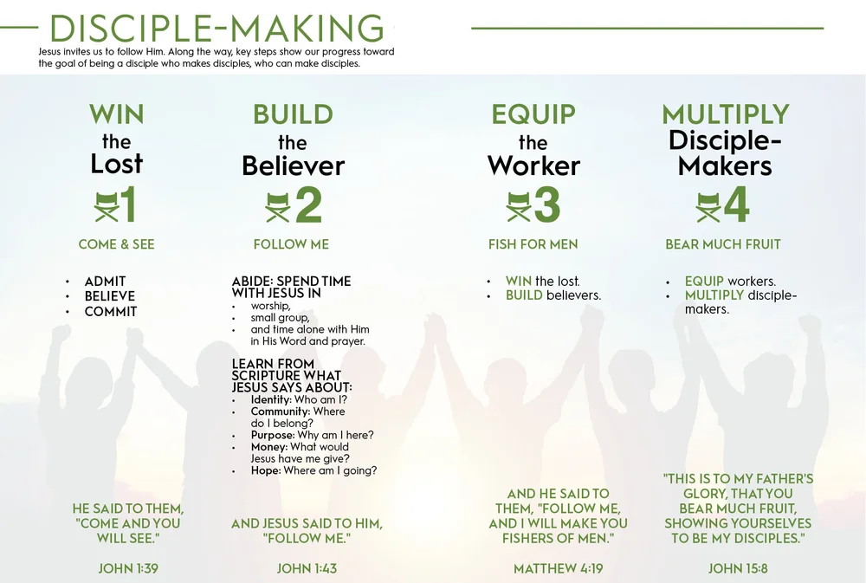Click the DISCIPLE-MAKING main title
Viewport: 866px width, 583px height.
tap(216, 29)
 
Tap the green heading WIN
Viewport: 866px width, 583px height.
tap(117, 114)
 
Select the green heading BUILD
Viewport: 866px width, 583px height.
tap(293, 114)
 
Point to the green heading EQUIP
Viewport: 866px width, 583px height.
tap(533, 114)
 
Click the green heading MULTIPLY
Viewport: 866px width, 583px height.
tap(726, 114)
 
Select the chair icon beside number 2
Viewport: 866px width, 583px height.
tap(278, 206)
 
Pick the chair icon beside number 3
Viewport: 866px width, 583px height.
tap(518, 206)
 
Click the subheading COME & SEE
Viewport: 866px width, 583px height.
tap(117, 244)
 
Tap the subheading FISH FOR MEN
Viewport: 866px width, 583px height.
tap(533, 244)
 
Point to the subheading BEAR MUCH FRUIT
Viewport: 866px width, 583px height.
tap(723, 244)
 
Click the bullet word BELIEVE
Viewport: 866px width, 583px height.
tap(109, 296)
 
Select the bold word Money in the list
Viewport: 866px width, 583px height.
tap(268, 447)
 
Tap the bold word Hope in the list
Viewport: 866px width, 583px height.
tap(265, 470)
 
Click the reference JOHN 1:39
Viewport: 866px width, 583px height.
tap(128, 569)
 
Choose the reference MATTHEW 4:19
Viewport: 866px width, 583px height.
tap(558, 569)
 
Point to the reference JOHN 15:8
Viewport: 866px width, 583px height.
tap(738, 569)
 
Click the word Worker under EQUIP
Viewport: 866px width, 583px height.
tap(533, 165)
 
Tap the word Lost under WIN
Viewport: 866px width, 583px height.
tap(117, 164)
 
